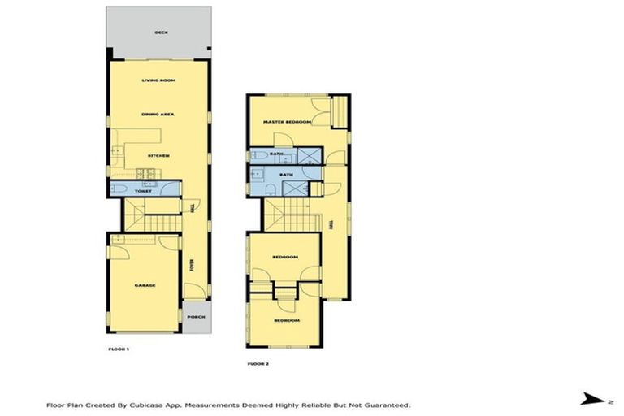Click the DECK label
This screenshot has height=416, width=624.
pyautogui.click(x=160, y=33)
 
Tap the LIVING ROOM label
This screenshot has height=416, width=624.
pyautogui.click(x=159, y=80)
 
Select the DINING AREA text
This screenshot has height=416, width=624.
pyautogui.click(x=158, y=115)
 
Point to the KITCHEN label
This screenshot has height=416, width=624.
pyautogui.click(x=158, y=155)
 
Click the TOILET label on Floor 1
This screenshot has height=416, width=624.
pyautogui.click(x=144, y=191)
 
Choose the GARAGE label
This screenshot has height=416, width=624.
pyautogui.click(x=145, y=285)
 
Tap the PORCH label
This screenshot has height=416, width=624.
pyautogui.click(x=194, y=318)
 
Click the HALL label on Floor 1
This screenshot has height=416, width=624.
pyautogui.click(x=192, y=209)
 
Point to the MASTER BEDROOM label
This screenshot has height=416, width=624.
pyautogui.click(x=287, y=122)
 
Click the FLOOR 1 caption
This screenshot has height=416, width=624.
pyautogui.click(x=119, y=348)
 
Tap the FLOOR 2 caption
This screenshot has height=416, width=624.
pyautogui.click(x=258, y=363)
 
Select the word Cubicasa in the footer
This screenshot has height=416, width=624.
pyautogui.click(x=134, y=404)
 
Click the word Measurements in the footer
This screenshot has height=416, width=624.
pyautogui.click(x=210, y=404)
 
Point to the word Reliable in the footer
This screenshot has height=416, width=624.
pyautogui.click(x=314, y=404)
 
